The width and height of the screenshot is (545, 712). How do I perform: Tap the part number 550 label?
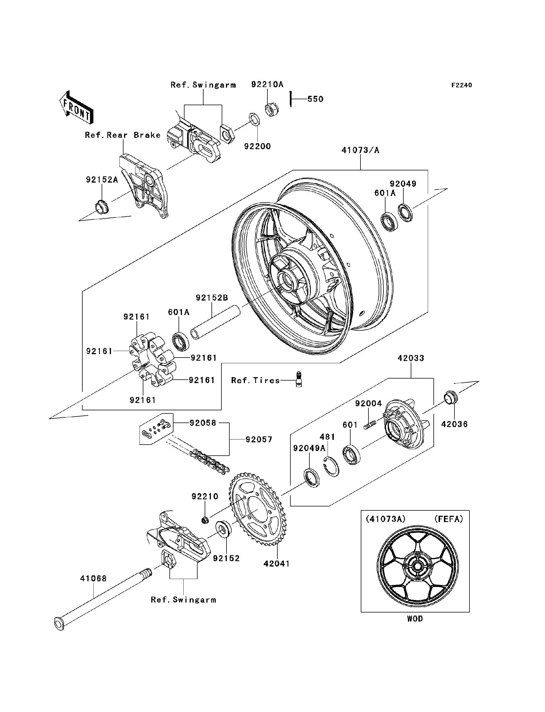(315, 99)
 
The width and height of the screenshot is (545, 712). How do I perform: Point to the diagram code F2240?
(461, 85)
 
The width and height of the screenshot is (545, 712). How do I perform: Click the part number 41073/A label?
(360, 150)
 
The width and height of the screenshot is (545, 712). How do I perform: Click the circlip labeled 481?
(331, 467)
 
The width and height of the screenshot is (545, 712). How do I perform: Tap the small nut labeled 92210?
(205, 521)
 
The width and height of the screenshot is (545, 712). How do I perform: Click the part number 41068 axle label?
(93, 578)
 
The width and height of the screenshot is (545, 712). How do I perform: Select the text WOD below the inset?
(415, 619)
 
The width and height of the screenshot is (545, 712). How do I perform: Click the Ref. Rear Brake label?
(123, 135)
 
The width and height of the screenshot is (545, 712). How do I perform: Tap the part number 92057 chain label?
(259, 440)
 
